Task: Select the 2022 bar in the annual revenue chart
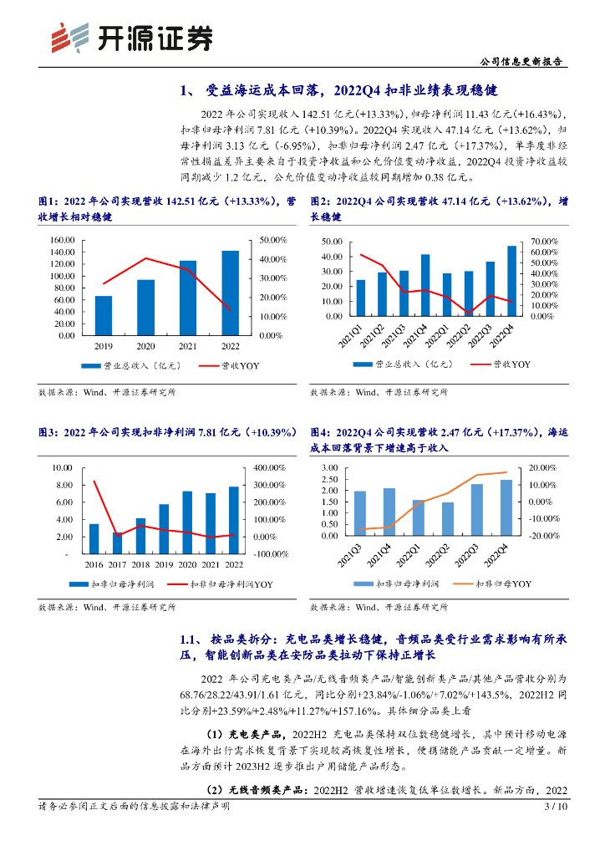(230, 293)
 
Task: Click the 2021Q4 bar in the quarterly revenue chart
(425, 284)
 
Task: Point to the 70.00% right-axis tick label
(547, 241)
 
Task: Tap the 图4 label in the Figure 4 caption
(322, 432)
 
